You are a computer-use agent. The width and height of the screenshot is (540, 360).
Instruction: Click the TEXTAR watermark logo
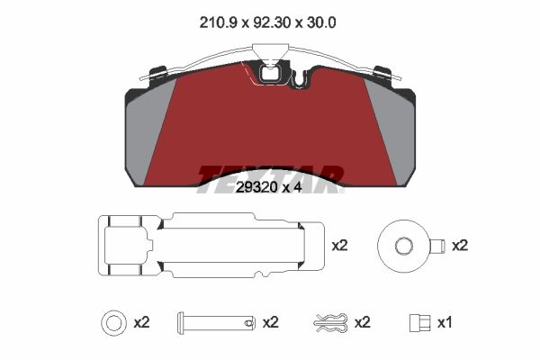point(270,174)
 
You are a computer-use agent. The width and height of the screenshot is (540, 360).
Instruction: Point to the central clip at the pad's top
point(270,70)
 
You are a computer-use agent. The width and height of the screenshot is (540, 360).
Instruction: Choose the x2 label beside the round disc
point(460,245)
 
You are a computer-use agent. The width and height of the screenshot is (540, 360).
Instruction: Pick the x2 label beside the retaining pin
point(269,321)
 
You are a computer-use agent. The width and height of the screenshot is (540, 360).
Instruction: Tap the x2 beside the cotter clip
point(363,321)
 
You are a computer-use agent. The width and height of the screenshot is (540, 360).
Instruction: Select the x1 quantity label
point(445,321)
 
